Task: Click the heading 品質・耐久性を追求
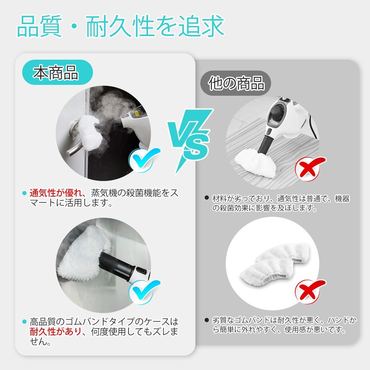[120, 26]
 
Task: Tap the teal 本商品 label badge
[57, 72]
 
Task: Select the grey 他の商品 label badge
[235, 83]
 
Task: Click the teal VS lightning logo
[190, 141]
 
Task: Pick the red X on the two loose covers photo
[310, 291]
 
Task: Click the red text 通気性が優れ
[55, 193]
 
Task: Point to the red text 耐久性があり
[55, 332]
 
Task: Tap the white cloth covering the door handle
[90, 133]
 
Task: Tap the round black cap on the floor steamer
[277, 111]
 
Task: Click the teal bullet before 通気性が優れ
[24, 193]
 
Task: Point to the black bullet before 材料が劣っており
[207, 198]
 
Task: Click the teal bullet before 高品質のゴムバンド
[24, 321]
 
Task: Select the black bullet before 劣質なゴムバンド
[207, 320]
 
